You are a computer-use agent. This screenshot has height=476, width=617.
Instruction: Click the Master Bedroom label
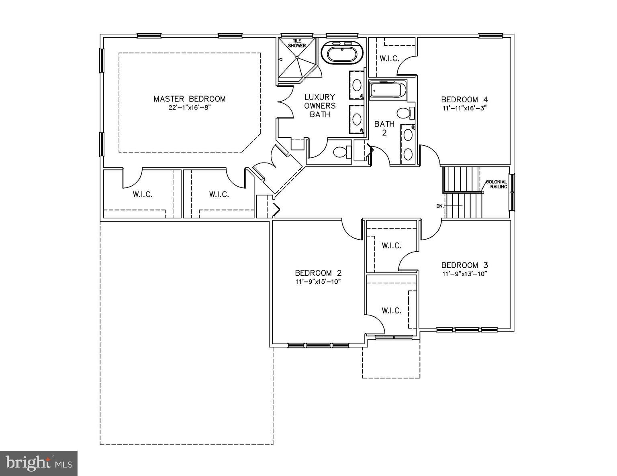190,99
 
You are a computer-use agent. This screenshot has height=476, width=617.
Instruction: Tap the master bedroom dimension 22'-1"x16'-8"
190,108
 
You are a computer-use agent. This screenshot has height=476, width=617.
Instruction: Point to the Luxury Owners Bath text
320,106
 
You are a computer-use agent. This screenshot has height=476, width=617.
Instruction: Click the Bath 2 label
384,128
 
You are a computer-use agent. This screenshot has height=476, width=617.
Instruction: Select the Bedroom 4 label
465,100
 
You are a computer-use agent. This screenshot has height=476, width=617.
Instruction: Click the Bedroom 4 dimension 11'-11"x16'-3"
465,108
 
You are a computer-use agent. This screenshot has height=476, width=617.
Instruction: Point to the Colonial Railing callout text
497,184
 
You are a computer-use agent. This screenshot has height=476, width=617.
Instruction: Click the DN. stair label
439,206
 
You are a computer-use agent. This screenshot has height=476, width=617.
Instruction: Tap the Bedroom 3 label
465,265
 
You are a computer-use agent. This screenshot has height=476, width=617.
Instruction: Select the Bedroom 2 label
318,273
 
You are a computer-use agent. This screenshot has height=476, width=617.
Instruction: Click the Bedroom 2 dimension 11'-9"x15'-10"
318,282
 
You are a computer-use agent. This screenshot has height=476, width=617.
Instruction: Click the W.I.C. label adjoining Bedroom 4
390,59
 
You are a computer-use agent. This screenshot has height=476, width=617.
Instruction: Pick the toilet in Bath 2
405,113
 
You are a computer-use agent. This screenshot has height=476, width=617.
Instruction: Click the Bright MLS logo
39,463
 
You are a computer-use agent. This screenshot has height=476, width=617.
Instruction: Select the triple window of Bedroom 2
318,345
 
